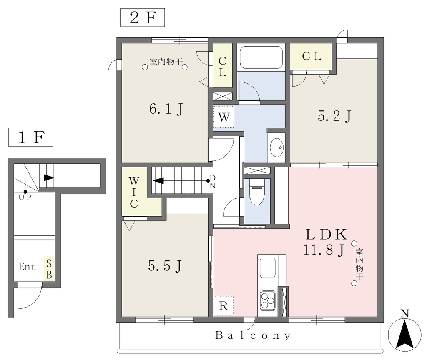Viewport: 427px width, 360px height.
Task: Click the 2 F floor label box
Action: [x=143, y=17]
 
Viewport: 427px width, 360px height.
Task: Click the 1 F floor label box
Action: [x=30, y=137]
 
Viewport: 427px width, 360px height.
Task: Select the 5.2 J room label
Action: [x=334, y=117]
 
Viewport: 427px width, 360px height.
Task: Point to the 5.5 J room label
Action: [x=165, y=266]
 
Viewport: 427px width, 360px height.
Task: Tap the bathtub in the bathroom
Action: [x=261, y=57]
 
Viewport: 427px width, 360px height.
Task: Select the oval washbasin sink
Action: [x=276, y=147]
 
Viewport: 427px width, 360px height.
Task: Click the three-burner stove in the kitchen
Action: [x=267, y=300]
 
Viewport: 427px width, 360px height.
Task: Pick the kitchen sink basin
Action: [x=267, y=267]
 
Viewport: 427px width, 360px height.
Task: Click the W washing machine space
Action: [x=224, y=117]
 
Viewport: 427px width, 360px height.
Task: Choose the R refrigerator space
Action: [x=224, y=306]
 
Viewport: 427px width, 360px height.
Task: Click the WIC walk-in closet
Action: [x=134, y=192]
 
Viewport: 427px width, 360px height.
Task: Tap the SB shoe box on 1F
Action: [x=49, y=268]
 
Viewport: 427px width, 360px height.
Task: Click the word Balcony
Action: [x=253, y=335]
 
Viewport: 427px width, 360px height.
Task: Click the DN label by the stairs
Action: [x=213, y=182]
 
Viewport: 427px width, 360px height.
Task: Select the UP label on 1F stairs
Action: [x=25, y=197]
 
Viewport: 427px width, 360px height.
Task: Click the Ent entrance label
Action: [x=27, y=267]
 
